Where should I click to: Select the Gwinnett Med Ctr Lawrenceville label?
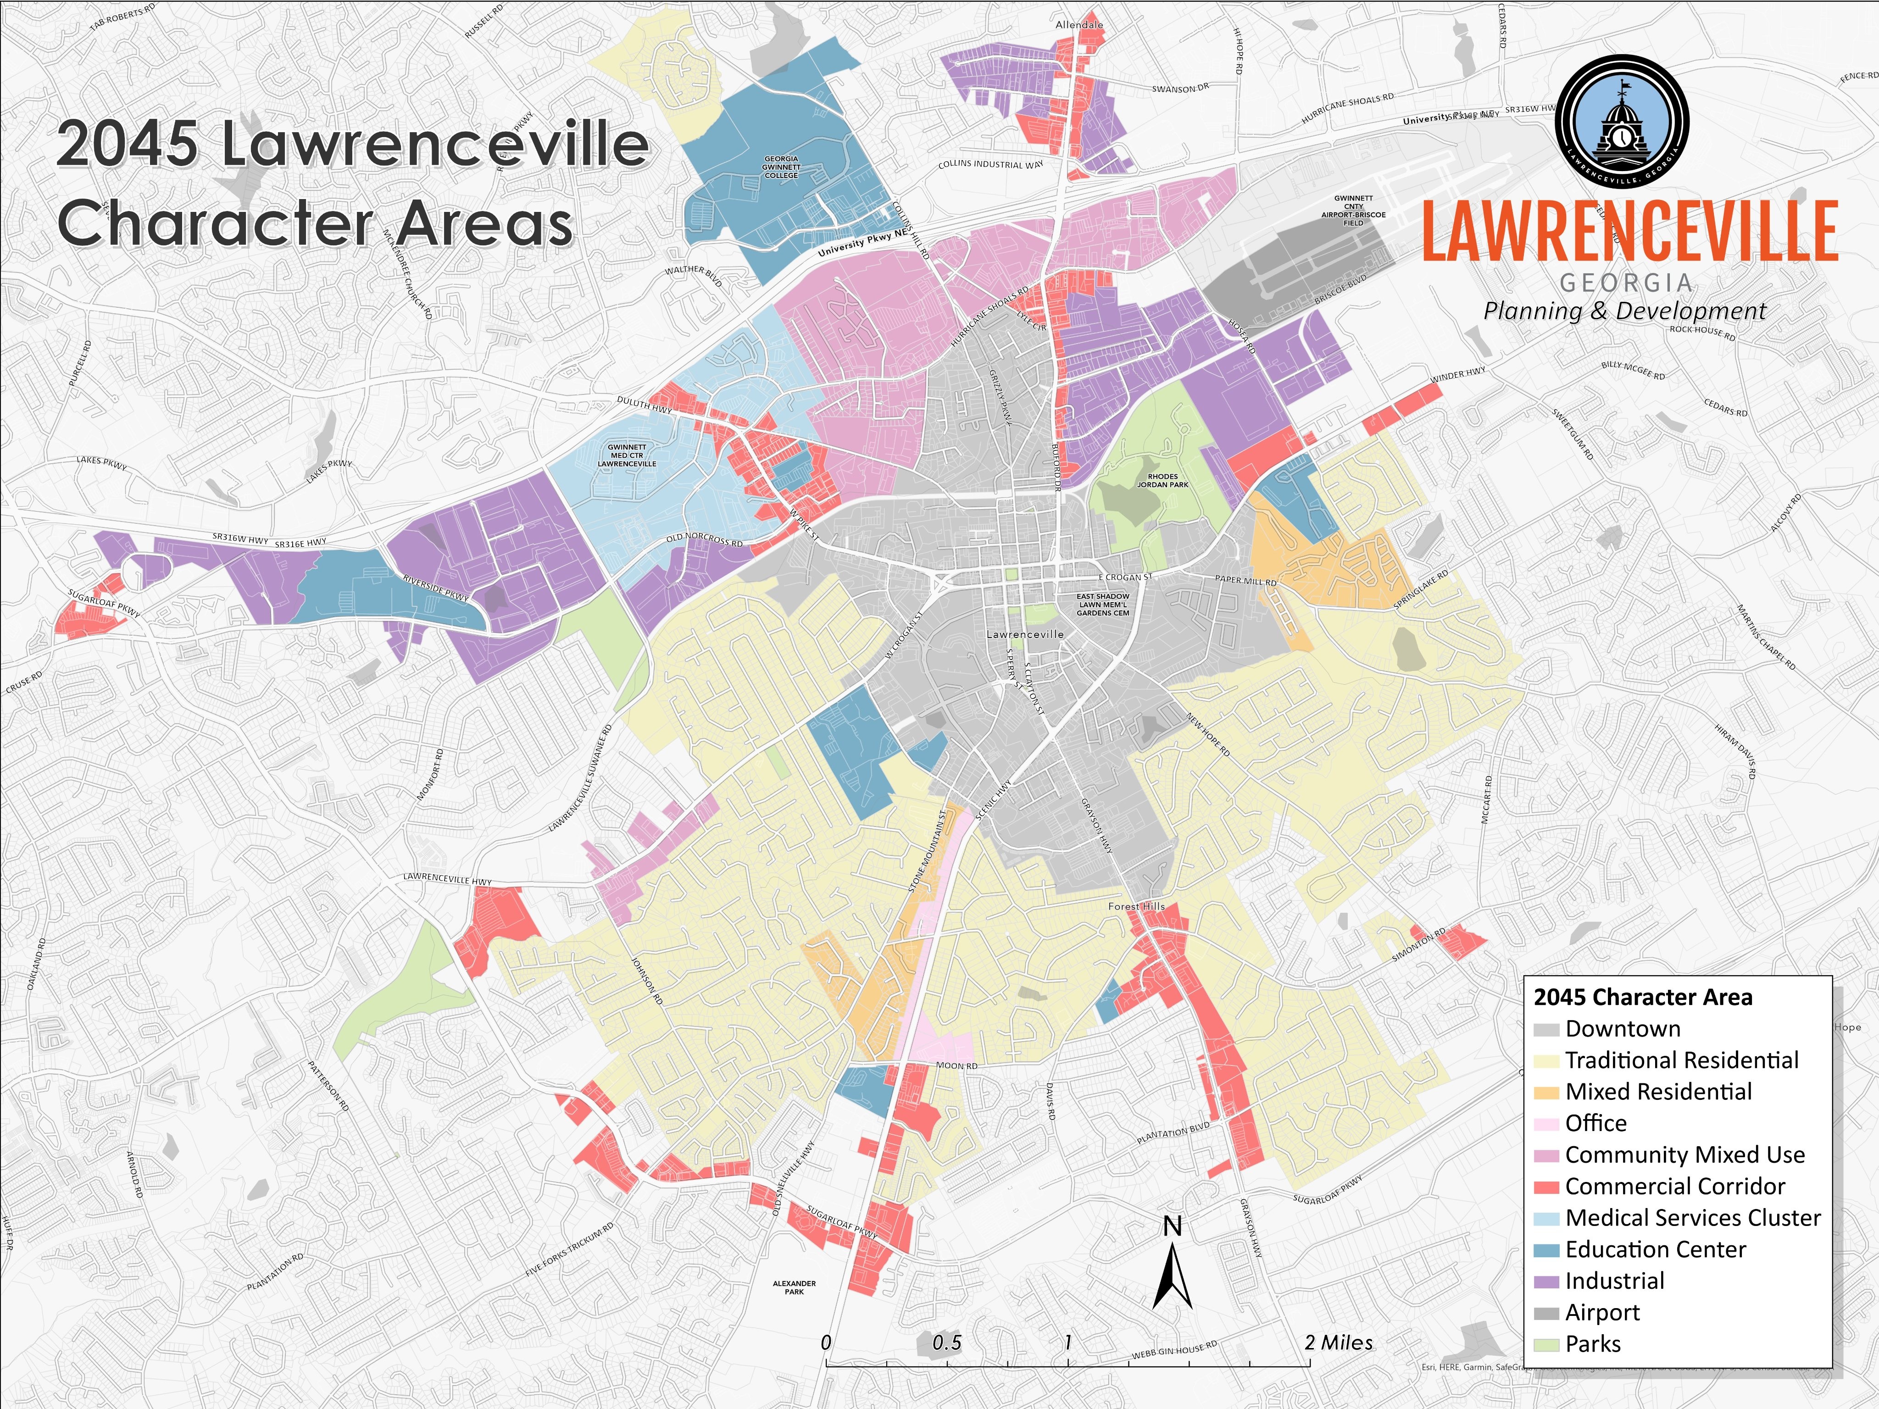(x=627, y=455)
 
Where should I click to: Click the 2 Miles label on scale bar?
(x=1339, y=1343)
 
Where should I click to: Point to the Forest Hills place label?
(x=1136, y=906)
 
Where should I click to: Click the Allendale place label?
(x=1079, y=25)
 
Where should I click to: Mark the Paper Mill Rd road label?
(x=1245, y=581)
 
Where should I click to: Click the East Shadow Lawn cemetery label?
(x=1103, y=605)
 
